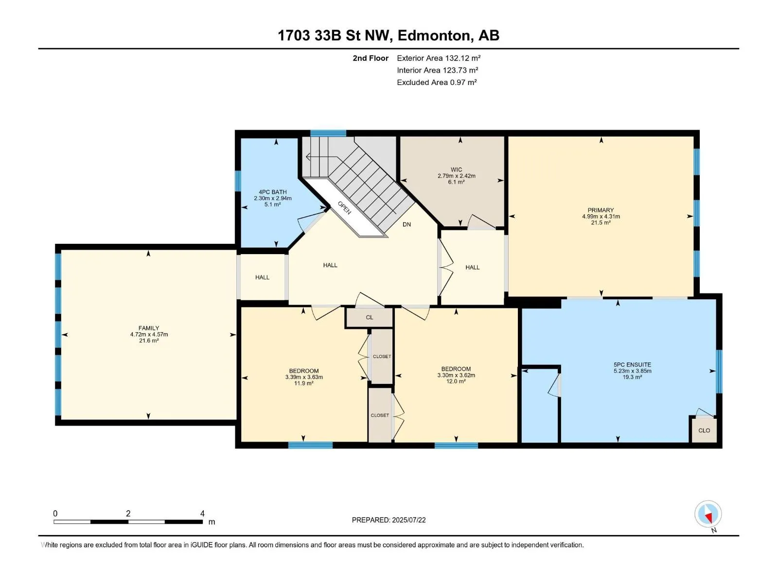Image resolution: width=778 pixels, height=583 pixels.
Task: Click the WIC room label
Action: pos(456,170)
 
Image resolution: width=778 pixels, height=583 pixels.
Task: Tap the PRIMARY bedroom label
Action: pos(601,210)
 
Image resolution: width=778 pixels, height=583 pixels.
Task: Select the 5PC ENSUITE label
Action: pos(632,364)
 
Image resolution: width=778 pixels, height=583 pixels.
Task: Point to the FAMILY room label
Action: pos(149,328)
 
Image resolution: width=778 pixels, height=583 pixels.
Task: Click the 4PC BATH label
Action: pos(273,192)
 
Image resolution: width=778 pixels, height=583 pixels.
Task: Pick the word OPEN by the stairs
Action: pos(344,208)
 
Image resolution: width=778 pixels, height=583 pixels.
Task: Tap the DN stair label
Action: pos(407,224)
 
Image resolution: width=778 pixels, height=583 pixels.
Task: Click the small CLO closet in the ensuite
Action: pos(704,430)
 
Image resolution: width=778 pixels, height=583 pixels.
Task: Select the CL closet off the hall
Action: pos(370,317)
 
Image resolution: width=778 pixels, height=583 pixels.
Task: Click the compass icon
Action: pos(708,514)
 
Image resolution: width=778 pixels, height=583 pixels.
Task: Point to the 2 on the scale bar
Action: pos(128,513)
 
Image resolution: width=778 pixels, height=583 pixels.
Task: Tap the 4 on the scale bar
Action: pos(202,513)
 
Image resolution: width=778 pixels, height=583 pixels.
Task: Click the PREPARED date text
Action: pos(389,520)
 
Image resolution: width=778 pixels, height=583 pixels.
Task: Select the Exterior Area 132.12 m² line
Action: pos(439,58)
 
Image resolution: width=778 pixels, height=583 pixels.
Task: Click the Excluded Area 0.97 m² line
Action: pos(437,83)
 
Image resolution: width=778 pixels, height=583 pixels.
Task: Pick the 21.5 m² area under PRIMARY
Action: pos(601,223)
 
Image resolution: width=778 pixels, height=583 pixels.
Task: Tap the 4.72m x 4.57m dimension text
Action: pos(149,334)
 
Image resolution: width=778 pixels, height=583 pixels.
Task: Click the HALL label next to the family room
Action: pos(262,277)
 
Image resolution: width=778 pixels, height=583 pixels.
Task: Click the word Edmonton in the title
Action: pos(435,36)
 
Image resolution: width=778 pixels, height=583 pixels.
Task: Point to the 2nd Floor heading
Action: pos(371,58)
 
